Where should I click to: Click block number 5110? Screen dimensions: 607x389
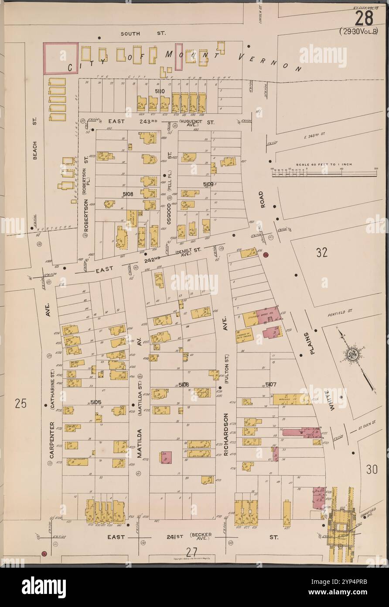click(159, 91)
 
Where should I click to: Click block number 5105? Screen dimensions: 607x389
click(96, 401)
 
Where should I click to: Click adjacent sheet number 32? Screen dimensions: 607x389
click(322, 252)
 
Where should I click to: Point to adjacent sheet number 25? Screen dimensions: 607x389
click(20, 404)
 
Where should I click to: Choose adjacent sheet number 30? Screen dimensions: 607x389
click(371, 470)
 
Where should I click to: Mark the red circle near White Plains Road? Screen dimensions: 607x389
click(266, 255)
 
